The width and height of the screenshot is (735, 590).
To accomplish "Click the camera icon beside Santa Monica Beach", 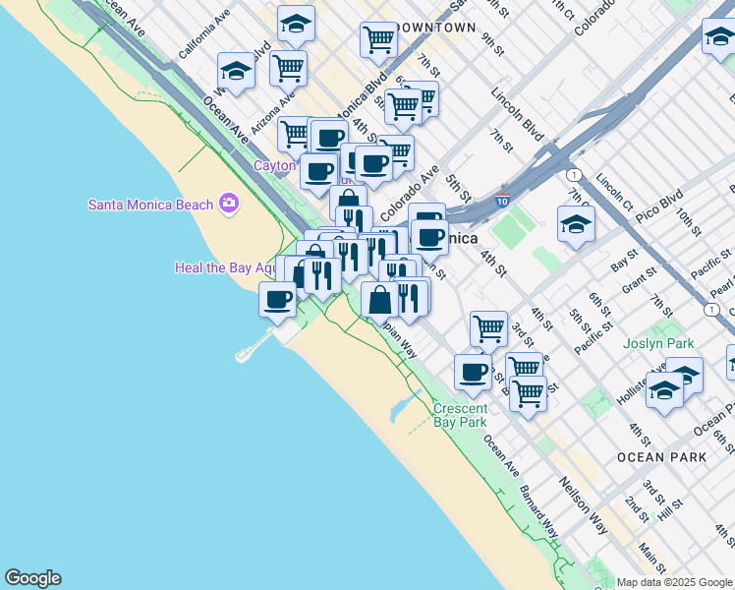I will pos(229,204).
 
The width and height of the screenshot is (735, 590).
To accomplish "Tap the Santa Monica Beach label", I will pos(150,205).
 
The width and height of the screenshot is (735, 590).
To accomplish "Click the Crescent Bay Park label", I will pos(460,415).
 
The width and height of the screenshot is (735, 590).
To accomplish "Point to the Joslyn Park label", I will pos(657,344).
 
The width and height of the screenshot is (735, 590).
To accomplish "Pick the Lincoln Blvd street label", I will pos(519,116).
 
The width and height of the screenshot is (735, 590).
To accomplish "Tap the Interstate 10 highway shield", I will pos(502,201).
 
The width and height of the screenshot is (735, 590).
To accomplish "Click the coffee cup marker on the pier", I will pos(278,297).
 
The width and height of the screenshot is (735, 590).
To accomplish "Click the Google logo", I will pos(32,578).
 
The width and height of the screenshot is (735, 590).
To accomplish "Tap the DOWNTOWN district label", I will pos(438,28).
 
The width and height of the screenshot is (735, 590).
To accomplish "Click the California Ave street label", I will pos(204,34).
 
